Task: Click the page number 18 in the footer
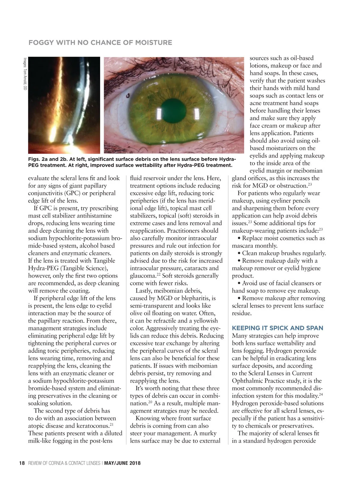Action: [22, 463]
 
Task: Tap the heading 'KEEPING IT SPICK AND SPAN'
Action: [277, 328]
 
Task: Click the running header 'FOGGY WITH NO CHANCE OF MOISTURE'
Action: [100, 43]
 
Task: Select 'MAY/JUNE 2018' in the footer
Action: [122, 463]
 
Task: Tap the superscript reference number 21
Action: [111, 424]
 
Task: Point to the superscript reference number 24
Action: [321, 394]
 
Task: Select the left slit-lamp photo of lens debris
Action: [64, 105]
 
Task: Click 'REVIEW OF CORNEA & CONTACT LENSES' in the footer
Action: [64, 463]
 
